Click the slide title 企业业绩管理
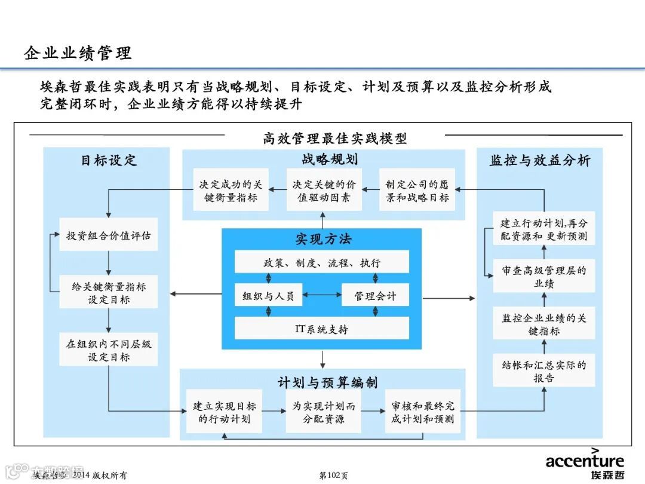(x=78, y=53)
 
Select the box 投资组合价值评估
(x=109, y=235)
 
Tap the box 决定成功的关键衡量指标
(x=231, y=191)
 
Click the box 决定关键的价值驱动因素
(x=324, y=191)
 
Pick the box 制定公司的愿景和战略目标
(x=417, y=191)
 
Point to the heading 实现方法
(x=323, y=239)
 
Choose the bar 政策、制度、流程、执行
(x=322, y=262)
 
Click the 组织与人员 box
(x=268, y=295)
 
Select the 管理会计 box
(x=375, y=295)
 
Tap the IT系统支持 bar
(x=322, y=329)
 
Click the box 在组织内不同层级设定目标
(x=109, y=350)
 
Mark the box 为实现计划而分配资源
(x=323, y=412)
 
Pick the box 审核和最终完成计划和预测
(x=422, y=412)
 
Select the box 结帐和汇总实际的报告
(x=544, y=370)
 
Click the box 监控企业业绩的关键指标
(x=544, y=324)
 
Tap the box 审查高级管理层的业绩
(x=544, y=277)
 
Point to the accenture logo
(x=585, y=461)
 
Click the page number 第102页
(x=333, y=476)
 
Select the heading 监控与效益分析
(x=540, y=160)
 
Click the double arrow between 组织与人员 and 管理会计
(x=322, y=295)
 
